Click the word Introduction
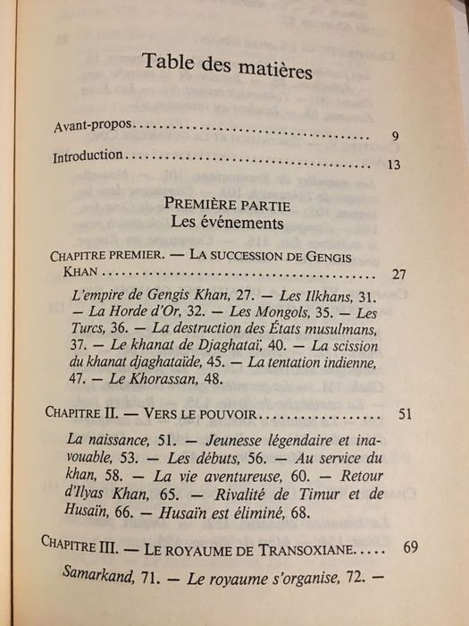click(88, 156)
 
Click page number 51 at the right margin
click(402, 416)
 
